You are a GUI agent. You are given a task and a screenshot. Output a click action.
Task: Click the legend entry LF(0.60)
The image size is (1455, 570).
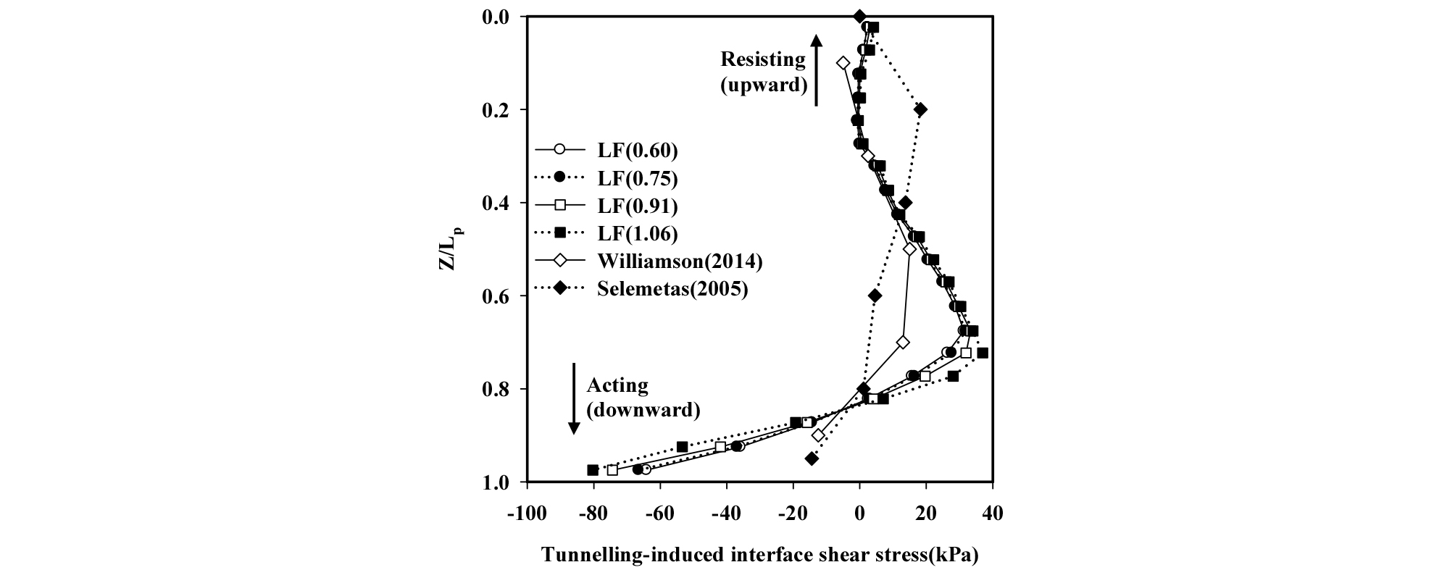[x=637, y=151]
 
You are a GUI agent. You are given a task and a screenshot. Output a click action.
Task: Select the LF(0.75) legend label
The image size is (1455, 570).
[x=637, y=178]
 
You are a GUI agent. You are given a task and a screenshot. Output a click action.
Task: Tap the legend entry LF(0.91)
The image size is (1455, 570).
[x=637, y=206]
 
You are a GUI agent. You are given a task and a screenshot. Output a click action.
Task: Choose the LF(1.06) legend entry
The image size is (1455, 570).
[x=637, y=233]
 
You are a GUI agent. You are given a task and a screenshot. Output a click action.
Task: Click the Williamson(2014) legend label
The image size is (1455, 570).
[x=680, y=261]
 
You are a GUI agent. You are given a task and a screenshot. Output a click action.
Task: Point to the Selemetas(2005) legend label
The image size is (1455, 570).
[x=672, y=288]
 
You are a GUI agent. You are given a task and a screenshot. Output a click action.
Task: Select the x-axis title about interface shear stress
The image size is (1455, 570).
[x=760, y=555]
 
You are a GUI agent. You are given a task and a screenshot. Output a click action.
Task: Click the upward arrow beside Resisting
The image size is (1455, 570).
[x=816, y=70]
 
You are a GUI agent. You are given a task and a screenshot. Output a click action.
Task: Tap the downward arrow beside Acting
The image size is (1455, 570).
[x=574, y=398]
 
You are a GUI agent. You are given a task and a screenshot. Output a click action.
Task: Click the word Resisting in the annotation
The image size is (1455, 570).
[x=762, y=59]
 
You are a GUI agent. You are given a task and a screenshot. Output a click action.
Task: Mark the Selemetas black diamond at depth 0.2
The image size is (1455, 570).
[x=920, y=109]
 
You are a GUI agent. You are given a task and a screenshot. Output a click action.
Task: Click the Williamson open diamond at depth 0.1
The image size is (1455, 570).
[x=843, y=63]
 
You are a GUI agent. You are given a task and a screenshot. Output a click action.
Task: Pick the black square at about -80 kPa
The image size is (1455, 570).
[x=593, y=470]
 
